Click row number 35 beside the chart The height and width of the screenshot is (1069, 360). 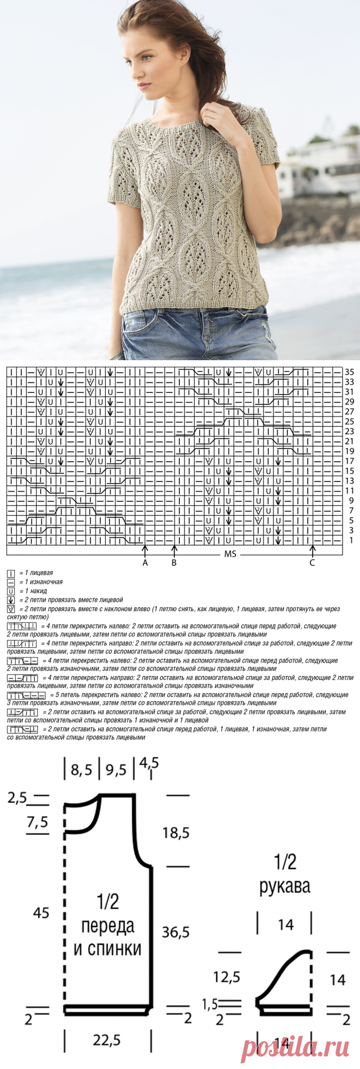[350, 372]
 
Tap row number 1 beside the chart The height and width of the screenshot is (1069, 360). [351, 540]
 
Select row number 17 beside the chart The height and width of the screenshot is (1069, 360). [350, 461]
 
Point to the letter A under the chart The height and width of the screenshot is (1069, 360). [145, 563]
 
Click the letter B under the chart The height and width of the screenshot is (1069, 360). [174, 563]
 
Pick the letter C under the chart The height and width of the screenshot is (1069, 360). [312, 563]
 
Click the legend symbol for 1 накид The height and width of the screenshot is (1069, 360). [11, 591]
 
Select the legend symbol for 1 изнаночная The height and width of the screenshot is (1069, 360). [11, 582]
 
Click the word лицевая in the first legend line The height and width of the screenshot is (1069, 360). [41, 574]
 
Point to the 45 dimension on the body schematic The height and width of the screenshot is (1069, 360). [41, 912]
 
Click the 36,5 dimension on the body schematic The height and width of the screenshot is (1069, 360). [175, 932]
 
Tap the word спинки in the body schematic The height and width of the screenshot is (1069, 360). [107, 949]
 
